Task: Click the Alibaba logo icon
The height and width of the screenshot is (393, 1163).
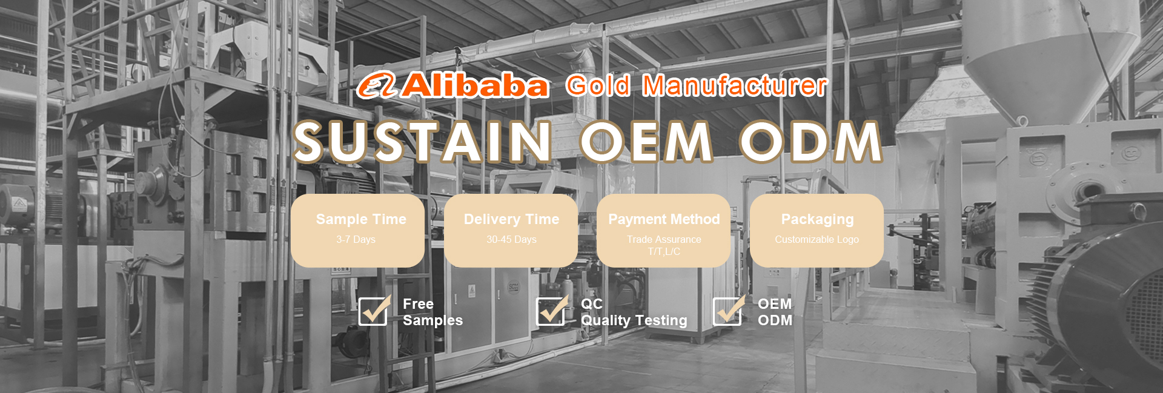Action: tap(376, 85)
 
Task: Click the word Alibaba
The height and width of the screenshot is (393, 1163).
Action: tap(475, 85)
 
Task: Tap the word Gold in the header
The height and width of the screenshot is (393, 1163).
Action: tap(598, 86)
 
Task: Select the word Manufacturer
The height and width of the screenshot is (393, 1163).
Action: tap(735, 86)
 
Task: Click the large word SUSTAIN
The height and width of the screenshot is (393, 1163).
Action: tap(423, 142)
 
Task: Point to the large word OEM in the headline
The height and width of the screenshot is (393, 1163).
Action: tap(646, 142)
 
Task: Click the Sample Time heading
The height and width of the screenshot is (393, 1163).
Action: tap(361, 219)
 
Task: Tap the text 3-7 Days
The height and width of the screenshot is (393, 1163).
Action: tap(356, 240)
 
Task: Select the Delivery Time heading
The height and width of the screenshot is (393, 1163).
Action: tap(512, 219)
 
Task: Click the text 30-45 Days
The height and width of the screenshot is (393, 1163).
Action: tap(512, 240)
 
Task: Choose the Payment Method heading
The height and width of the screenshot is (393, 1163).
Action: tap(664, 219)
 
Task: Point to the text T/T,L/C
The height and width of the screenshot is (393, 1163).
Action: tap(664, 252)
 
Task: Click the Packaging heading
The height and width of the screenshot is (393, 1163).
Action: tap(817, 219)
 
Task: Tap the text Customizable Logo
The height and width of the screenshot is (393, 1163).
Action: tap(817, 240)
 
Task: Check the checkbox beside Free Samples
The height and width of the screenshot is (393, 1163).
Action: tap(374, 311)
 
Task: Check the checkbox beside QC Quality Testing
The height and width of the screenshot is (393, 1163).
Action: tap(551, 311)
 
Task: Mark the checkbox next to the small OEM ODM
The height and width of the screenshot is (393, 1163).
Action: tap(728, 311)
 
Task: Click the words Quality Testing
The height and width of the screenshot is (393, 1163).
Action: tap(634, 320)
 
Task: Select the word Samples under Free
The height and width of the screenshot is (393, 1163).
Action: tap(432, 320)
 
